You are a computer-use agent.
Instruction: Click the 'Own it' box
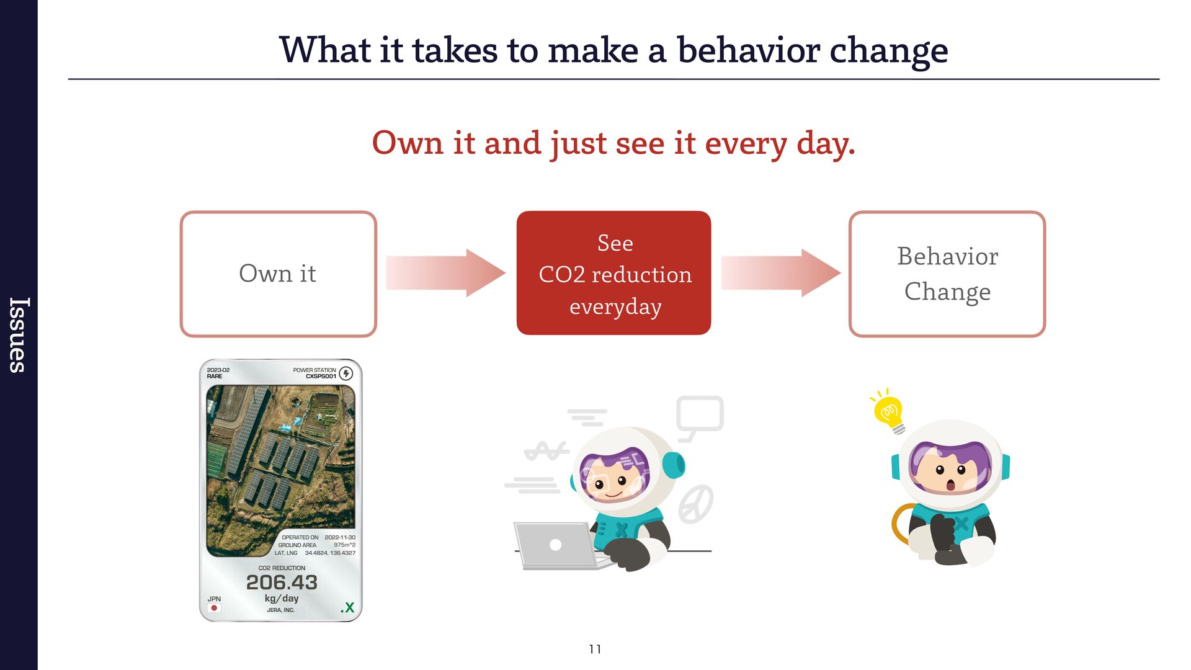(278, 274)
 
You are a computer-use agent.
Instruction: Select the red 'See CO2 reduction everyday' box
(613, 273)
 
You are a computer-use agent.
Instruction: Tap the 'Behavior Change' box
(947, 274)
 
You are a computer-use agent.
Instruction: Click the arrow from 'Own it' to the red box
(445, 273)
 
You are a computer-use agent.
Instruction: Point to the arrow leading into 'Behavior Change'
(780, 273)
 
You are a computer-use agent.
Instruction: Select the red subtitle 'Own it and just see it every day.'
(613, 143)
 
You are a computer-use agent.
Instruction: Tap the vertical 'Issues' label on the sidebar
(19, 335)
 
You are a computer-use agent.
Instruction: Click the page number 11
(595, 649)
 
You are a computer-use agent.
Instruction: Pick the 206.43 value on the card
(282, 582)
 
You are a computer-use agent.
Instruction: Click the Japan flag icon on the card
(214, 608)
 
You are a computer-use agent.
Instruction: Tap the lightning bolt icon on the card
(346, 373)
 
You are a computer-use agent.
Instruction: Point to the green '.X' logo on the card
(347, 607)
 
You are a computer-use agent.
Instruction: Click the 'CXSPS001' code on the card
(321, 377)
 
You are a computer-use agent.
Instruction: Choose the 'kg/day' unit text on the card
(282, 598)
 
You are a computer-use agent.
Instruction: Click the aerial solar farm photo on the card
(281, 470)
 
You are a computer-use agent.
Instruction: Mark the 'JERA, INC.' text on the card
(280, 610)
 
